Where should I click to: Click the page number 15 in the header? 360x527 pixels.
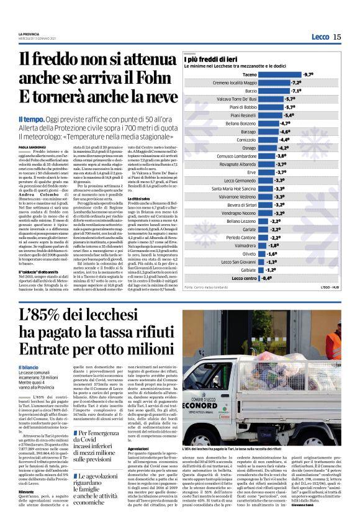[336, 37]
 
